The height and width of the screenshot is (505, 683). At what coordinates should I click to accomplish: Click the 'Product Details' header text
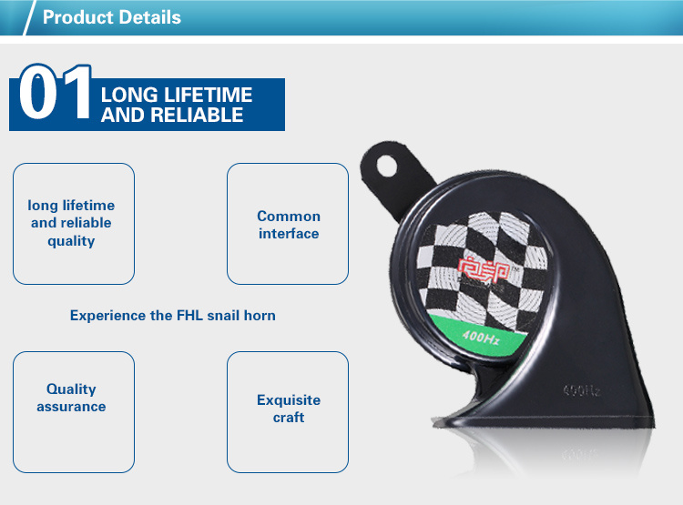coord(111,17)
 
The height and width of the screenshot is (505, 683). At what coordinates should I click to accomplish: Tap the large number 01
coord(55,91)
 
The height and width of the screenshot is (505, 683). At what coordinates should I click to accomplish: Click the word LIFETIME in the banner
coord(208,95)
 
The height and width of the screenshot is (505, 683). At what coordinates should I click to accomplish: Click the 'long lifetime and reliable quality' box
coord(74,224)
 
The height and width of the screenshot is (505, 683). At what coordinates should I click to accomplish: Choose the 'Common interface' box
coord(288,224)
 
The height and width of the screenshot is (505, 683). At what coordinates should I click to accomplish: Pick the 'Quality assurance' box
coord(74,412)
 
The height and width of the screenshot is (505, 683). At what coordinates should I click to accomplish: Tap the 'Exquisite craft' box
coord(288,412)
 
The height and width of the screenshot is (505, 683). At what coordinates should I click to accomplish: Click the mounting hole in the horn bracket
coord(386,167)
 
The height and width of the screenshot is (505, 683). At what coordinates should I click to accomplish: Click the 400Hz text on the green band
coord(481,337)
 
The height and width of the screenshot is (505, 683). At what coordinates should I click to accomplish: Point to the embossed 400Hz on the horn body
coord(582,390)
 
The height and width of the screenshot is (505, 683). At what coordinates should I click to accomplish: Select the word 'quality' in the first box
coord(71,241)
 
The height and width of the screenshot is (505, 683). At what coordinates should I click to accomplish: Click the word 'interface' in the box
coord(289,234)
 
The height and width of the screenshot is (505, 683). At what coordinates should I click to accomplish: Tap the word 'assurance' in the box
coord(71,407)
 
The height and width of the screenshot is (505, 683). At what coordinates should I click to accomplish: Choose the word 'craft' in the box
coord(289,418)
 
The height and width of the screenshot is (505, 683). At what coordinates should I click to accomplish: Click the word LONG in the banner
coord(129,95)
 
